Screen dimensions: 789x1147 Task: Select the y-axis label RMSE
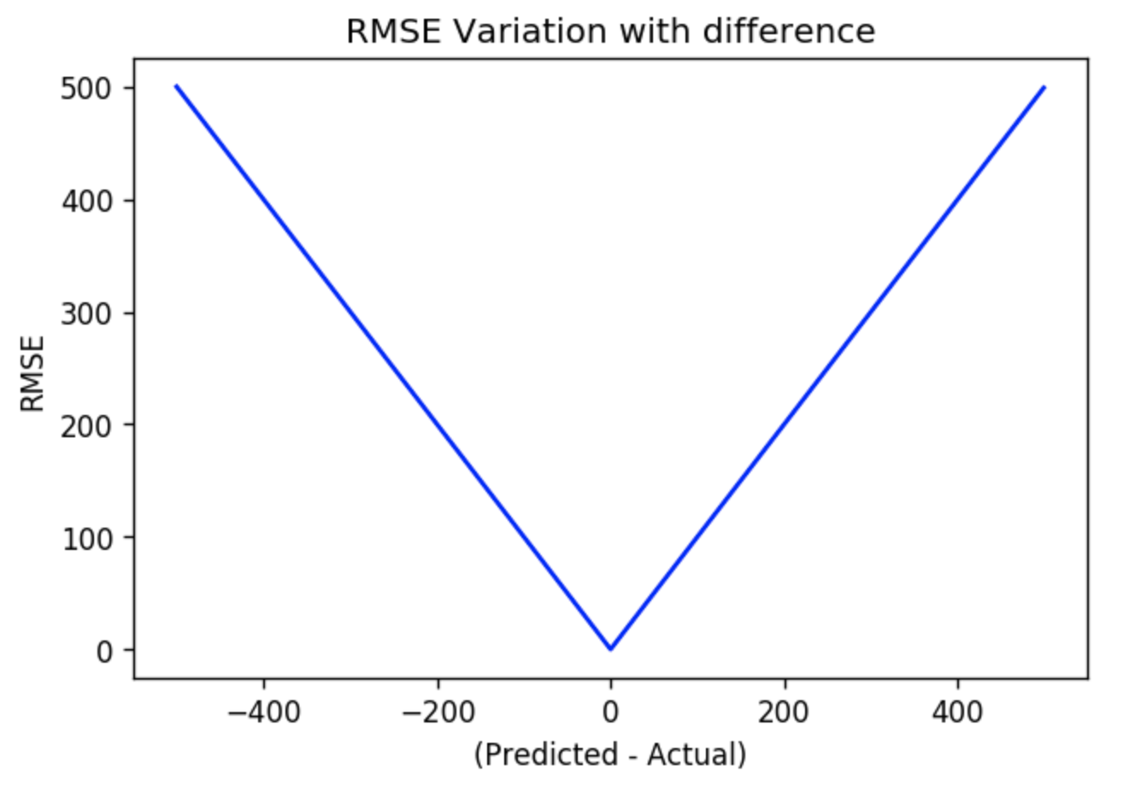pyautogui.click(x=32, y=372)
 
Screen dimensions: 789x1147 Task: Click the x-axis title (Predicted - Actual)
pyautogui.click(x=610, y=755)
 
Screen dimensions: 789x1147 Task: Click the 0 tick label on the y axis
pyautogui.click(x=103, y=651)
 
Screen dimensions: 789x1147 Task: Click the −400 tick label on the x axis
pyautogui.click(x=263, y=710)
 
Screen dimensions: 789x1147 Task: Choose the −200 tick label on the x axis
pyautogui.click(x=438, y=710)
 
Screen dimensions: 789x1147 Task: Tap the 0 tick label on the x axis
pyautogui.click(x=610, y=710)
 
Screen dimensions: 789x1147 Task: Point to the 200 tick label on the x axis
pyautogui.click(x=785, y=710)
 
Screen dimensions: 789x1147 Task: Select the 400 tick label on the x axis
pyautogui.click(x=957, y=710)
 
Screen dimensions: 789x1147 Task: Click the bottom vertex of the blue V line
pyautogui.click(x=610, y=649)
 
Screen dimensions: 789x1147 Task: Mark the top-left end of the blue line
pyautogui.click(x=176, y=85)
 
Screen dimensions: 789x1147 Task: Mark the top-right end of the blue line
pyautogui.click(x=1044, y=87)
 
